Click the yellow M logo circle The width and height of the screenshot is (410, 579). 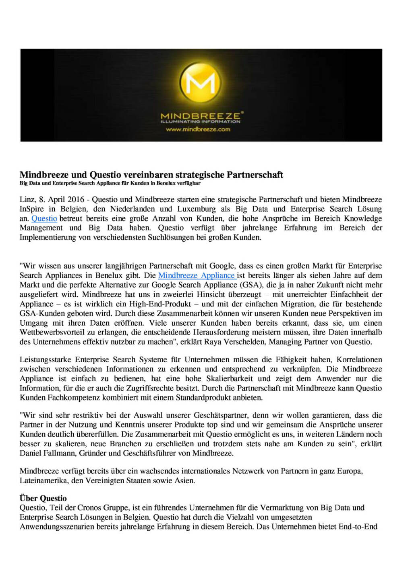tap(201, 83)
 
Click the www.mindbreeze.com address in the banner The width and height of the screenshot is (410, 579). tap(198, 129)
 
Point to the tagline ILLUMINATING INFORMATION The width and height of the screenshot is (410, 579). tap(200, 121)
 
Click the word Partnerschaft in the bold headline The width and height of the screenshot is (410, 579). tap(255, 175)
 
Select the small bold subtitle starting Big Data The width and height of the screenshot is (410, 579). tap(110, 183)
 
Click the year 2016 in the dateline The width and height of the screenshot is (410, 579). tap(76, 199)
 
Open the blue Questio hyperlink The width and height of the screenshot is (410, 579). tap(44, 218)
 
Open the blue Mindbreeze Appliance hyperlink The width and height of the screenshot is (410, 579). tap(197, 275)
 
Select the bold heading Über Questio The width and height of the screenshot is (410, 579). tap(43, 498)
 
